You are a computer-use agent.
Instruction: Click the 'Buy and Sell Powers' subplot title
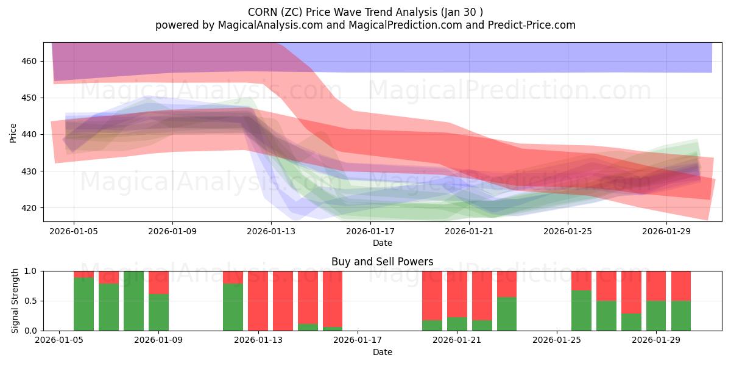(x=382, y=262)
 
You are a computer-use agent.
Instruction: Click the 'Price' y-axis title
(x=13, y=132)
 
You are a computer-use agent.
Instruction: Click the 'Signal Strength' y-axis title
(x=15, y=301)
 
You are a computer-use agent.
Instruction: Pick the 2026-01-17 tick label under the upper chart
(x=370, y=232)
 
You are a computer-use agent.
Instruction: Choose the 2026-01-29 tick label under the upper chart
(x=666, y=232)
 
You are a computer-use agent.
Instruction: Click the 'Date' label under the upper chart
(x=382, y=243)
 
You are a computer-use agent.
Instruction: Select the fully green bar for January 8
(x=133, y=301)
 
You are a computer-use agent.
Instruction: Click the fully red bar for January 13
(x=258, y=301)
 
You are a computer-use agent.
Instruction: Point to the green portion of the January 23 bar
(x=507, y=314)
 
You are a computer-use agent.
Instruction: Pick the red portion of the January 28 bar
(x=631, y=292)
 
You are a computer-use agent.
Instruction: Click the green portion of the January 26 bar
(x=581, y=310)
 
